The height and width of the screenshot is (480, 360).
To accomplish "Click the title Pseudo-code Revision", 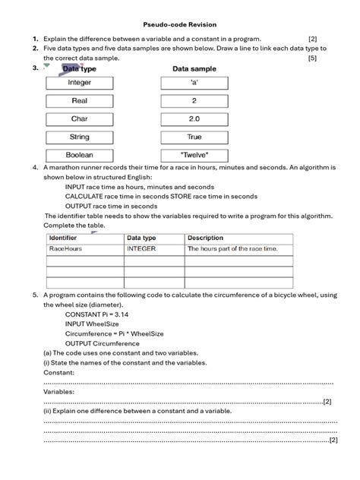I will [180, 24].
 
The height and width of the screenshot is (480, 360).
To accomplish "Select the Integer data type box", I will [80, 82].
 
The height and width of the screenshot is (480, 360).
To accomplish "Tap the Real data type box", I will [80, 100].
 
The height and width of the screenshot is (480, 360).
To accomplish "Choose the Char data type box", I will [80, 119].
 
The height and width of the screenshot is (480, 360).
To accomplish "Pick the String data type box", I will [80, 137].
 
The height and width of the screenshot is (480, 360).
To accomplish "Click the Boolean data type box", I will [80, 156].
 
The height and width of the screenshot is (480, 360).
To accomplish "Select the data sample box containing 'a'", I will [194, 82].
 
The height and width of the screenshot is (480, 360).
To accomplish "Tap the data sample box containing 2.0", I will [194, 119].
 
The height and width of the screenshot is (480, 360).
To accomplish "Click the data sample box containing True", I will [194, 137].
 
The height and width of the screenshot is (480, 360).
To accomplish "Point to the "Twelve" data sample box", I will [194, 156].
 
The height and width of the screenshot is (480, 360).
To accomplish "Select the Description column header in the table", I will [206, 238].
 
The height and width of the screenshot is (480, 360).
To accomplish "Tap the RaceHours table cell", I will [65, 248].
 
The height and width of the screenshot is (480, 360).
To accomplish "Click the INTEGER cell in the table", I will [141, 248].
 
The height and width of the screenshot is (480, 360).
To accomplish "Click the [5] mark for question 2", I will [312, 58].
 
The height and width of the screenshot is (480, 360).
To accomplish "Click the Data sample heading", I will [194, 68].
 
